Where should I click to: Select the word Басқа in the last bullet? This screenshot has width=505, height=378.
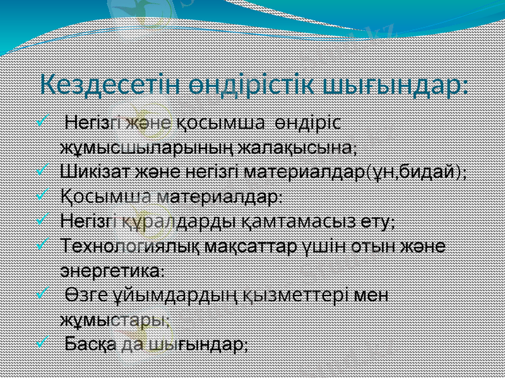click(x=91, y=344)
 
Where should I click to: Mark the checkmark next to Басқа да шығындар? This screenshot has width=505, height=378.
click(x=42, y=343)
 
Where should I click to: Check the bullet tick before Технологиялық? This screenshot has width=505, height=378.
click(x=42, y=245)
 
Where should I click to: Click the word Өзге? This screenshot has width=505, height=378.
click(x=80, y=295)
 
